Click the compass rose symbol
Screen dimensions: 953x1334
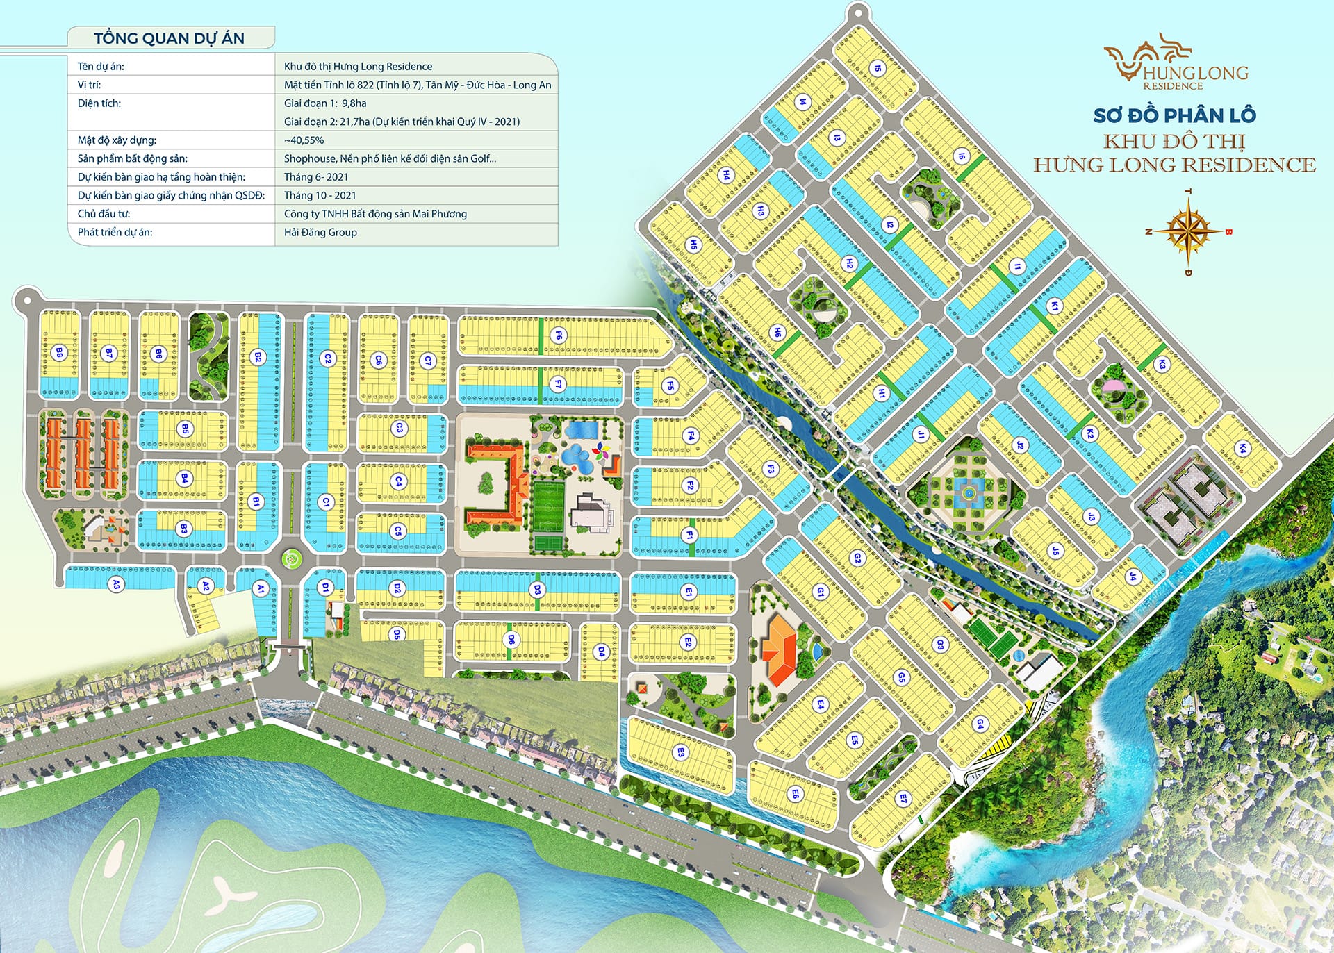[1189, 231]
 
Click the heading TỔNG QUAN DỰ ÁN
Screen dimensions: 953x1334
[169, 38]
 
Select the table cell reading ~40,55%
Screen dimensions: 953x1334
[304, 140]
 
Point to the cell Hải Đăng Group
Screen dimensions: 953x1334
[320, 232]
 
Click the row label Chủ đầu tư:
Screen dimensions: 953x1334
[104, 214]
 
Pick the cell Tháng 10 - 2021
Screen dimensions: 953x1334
[320, 195]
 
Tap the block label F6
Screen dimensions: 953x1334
[559, 335]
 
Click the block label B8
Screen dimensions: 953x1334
[60, 353]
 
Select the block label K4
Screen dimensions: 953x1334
[1242, 448]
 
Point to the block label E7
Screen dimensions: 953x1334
[903, 799]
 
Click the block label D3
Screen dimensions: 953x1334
[537, 590]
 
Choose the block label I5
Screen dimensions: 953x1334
[878, 68]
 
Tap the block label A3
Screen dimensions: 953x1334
[116, 585]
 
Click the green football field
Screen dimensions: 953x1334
[550, 506]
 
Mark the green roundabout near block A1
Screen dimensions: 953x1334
[292, 557]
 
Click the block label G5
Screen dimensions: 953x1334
[902, 677]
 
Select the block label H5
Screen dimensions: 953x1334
[693, 244]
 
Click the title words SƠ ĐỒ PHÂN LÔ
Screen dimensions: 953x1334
[1174, 115]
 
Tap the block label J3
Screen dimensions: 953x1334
[1091, 517]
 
